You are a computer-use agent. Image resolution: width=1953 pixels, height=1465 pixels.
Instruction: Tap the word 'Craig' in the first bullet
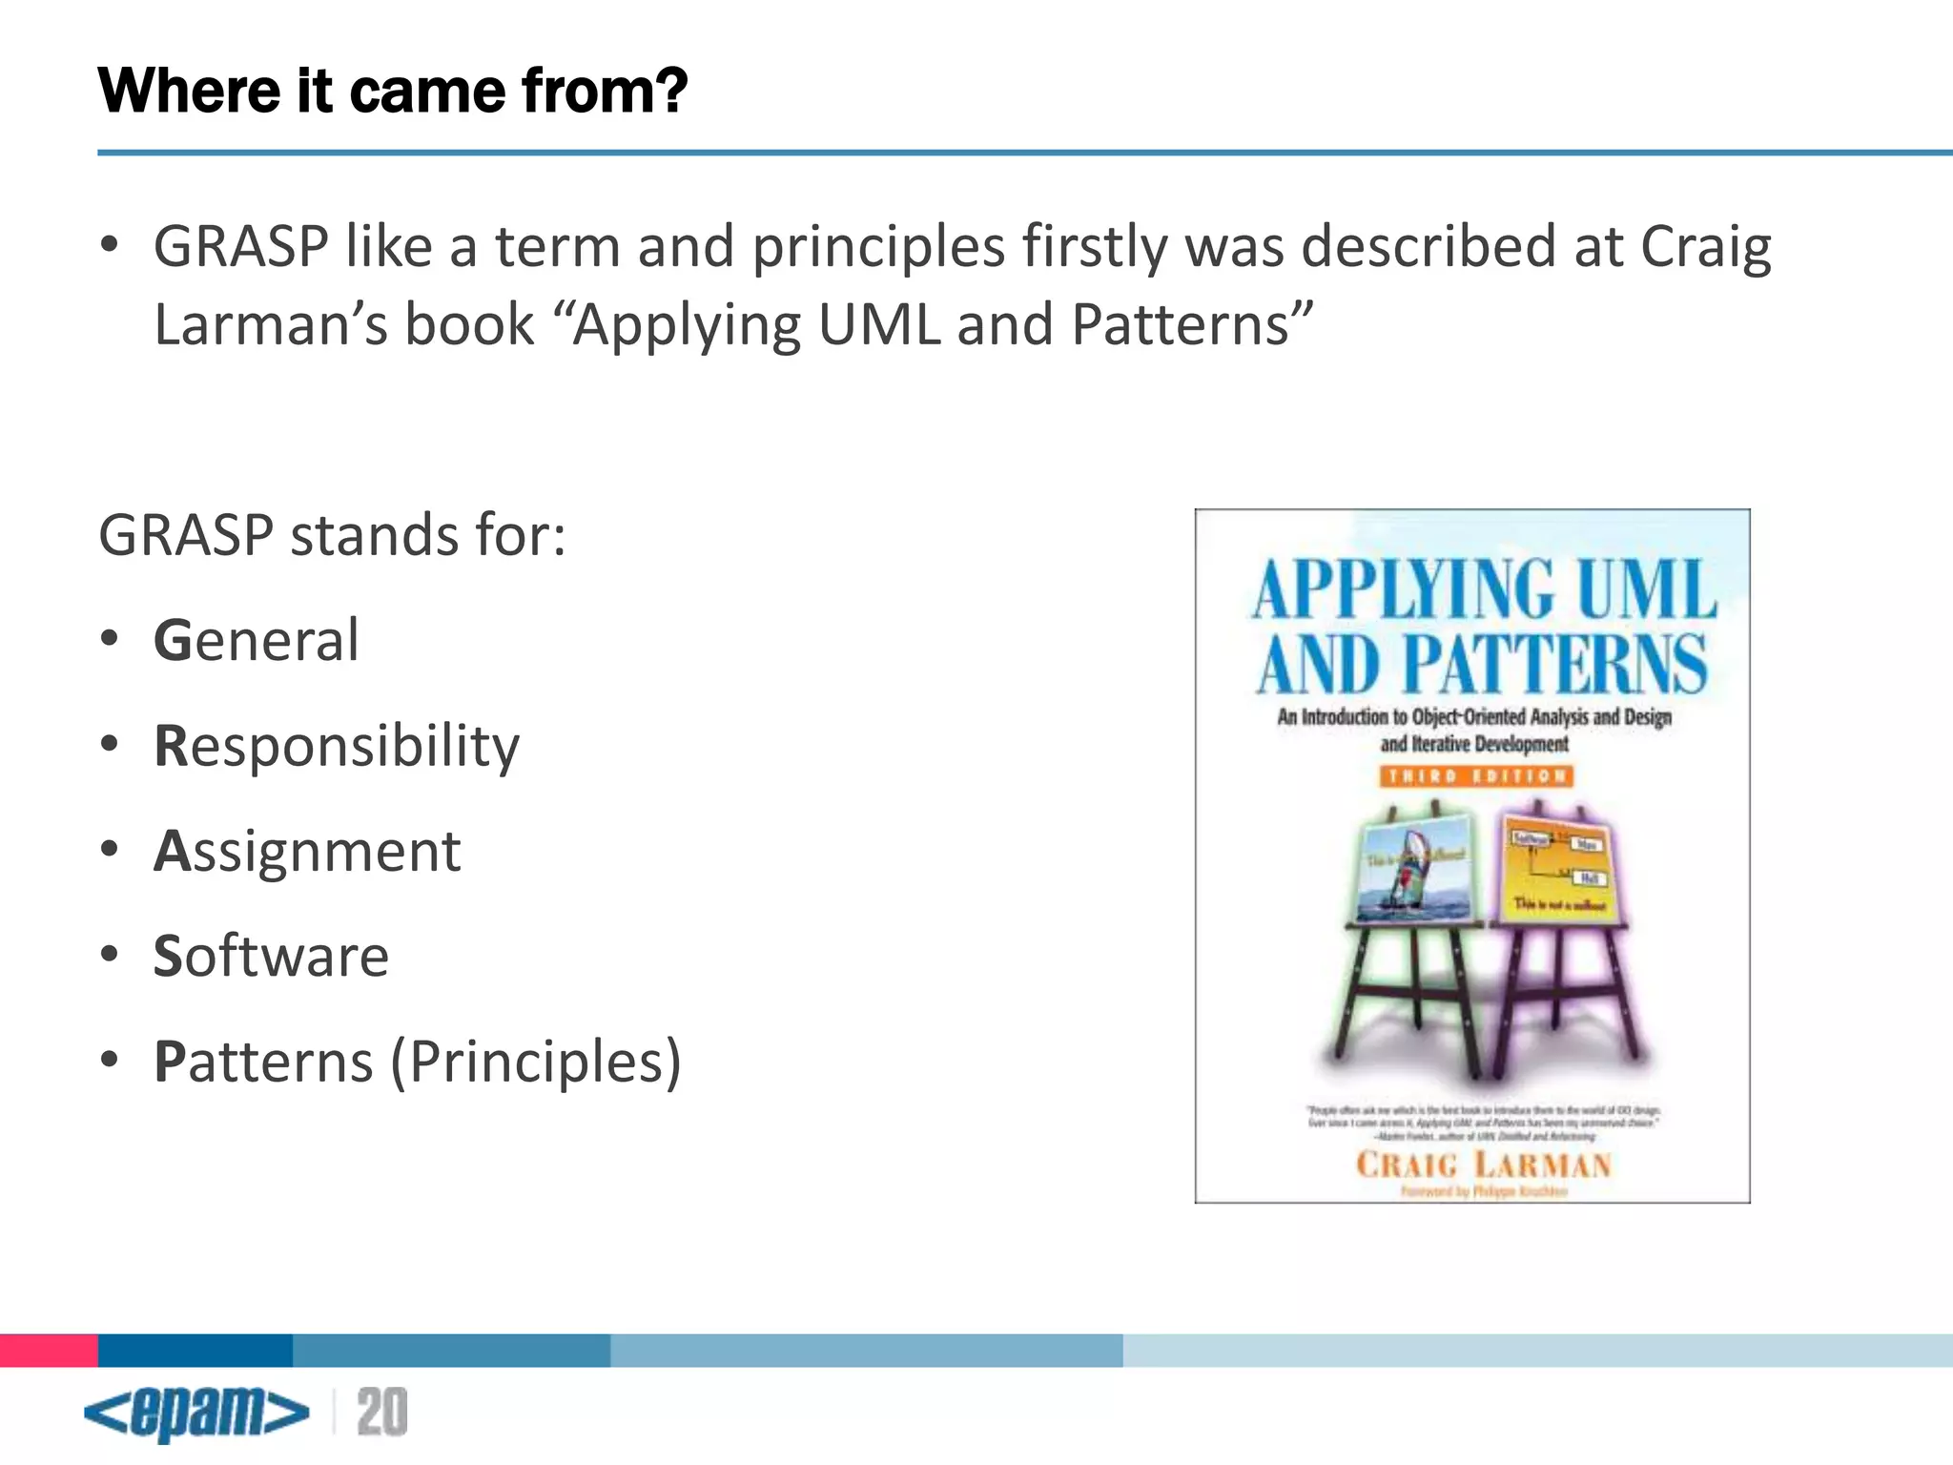coord(1705,247)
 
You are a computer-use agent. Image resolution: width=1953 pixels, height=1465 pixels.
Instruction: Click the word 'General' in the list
coord(256,640)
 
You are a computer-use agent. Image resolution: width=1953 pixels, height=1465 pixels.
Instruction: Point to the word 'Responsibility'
coord(337,746)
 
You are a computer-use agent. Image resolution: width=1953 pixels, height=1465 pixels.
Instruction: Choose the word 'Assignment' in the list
coord(307,851)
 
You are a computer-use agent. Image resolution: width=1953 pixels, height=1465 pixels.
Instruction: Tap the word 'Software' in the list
coord(271,956)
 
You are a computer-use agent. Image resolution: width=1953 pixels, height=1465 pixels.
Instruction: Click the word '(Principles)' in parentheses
coord(536,1062)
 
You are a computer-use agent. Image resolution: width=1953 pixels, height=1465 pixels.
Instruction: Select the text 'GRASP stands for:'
coord(332,535)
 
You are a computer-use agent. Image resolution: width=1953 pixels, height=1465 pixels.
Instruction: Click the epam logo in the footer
coord(196,1413)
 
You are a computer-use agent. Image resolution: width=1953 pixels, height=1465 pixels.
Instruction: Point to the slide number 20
coord(381,1413)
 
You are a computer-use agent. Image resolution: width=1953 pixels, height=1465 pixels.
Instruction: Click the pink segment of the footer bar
coord(49,1351)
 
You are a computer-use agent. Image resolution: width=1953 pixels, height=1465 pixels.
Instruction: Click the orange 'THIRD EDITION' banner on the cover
coord(1475,776)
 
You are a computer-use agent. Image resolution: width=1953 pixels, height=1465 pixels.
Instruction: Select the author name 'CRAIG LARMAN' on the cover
coord(1483,1166)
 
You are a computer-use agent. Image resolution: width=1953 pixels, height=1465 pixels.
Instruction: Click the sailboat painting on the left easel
coord(1414,870)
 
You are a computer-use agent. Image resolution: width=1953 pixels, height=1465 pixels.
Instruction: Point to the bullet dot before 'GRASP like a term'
coord(110,245)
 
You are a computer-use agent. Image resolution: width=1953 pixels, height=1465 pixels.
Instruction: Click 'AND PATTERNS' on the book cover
coord(1480,664)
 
